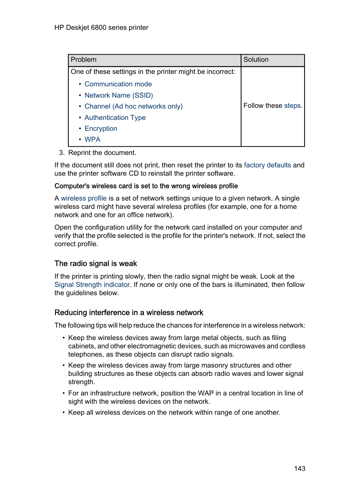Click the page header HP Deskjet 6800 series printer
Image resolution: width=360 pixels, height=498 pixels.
(101, 28)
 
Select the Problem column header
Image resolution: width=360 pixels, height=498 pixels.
(83, 60)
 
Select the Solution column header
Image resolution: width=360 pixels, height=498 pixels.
(256, 60)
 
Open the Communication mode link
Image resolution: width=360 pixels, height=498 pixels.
(118, 84)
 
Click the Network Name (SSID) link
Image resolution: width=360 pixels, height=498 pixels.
(118, 95)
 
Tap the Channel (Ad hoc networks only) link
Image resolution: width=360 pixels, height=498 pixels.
(133, 106)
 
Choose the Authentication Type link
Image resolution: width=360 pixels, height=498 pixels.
(115, 118)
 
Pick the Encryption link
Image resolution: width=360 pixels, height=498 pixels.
(101, 129)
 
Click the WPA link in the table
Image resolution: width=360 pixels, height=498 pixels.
(92, 139)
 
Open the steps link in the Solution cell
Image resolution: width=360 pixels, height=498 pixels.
(292, 106)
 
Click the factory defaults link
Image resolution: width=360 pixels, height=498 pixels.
(267, 165)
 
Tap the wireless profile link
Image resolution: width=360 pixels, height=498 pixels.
(84, 198)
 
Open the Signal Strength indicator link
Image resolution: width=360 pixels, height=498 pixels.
(92, 285)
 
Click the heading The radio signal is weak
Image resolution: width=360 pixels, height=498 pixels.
(95, 264)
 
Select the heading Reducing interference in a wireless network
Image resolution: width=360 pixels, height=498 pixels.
(129, 313)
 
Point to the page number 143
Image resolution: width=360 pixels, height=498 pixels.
(300, 469)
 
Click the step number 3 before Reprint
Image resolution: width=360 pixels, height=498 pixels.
(62, 153)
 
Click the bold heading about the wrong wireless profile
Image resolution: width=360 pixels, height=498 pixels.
(146, 186)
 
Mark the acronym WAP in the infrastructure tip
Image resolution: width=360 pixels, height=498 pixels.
(206, 393)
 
